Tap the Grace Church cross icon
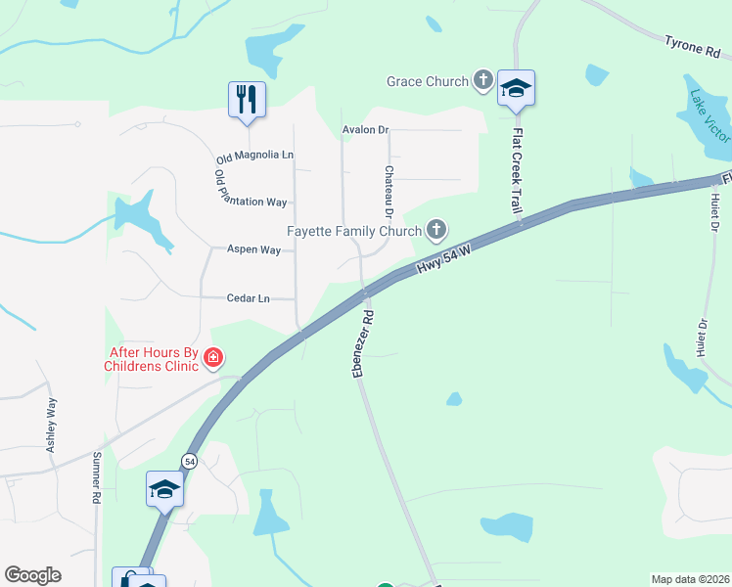click(482, 80)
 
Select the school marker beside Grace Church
click(516, 89)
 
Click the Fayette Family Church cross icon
click(436, 231)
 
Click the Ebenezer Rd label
click(364, 343)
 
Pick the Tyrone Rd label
click(692, 45)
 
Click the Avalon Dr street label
click(366, 129)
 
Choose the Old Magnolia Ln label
click(254, 156)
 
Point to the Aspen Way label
click(254, 249)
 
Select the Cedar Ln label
click(248, 298)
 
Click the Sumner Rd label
click(97, 476)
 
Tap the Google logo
click(32, 575)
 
